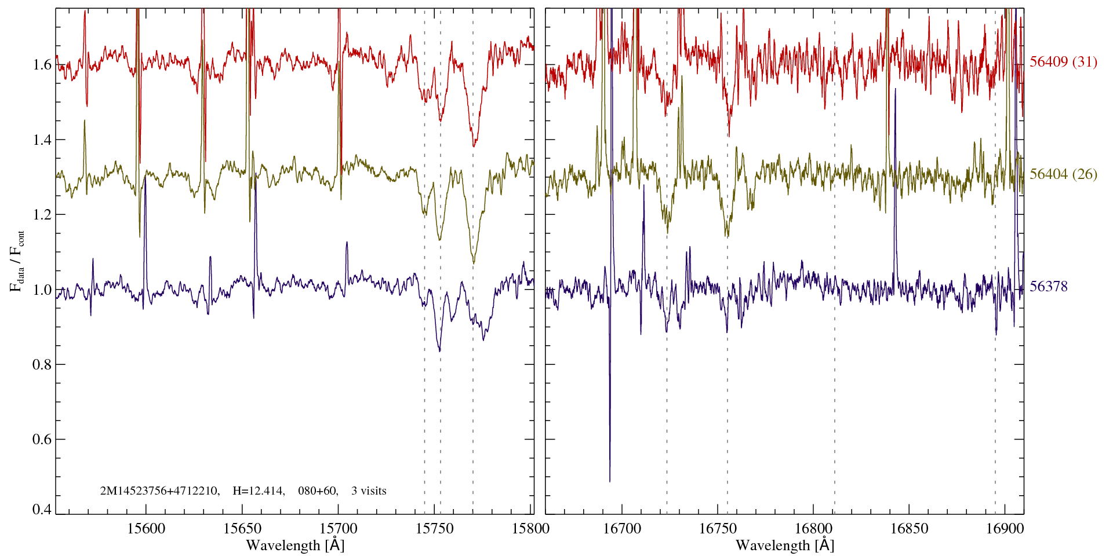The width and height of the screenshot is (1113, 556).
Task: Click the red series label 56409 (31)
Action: (1063, 62)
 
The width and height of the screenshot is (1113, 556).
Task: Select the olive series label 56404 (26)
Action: (1063, 174)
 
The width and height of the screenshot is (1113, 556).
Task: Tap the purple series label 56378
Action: (1048, 287)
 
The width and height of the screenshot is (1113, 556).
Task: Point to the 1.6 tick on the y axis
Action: (42, 64)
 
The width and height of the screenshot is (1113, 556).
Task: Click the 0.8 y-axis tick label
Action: (42, 364)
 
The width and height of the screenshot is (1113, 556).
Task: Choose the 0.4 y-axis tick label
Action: (42, 509)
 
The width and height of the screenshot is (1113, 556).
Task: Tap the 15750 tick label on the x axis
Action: (435, 528)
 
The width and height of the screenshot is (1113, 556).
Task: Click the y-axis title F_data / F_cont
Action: (18, 261)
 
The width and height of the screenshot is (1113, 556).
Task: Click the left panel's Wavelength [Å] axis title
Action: (295, 545)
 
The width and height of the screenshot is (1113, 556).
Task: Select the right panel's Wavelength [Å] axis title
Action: (785, 545)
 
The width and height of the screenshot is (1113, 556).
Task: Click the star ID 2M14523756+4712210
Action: (159, 491)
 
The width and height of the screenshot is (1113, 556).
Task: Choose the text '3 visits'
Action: (369, 491)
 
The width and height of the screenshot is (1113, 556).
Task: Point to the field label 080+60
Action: (317, 491)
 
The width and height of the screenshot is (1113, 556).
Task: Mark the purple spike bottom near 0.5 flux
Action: (610, 480)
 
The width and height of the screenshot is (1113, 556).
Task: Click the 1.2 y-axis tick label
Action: (42, 214)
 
